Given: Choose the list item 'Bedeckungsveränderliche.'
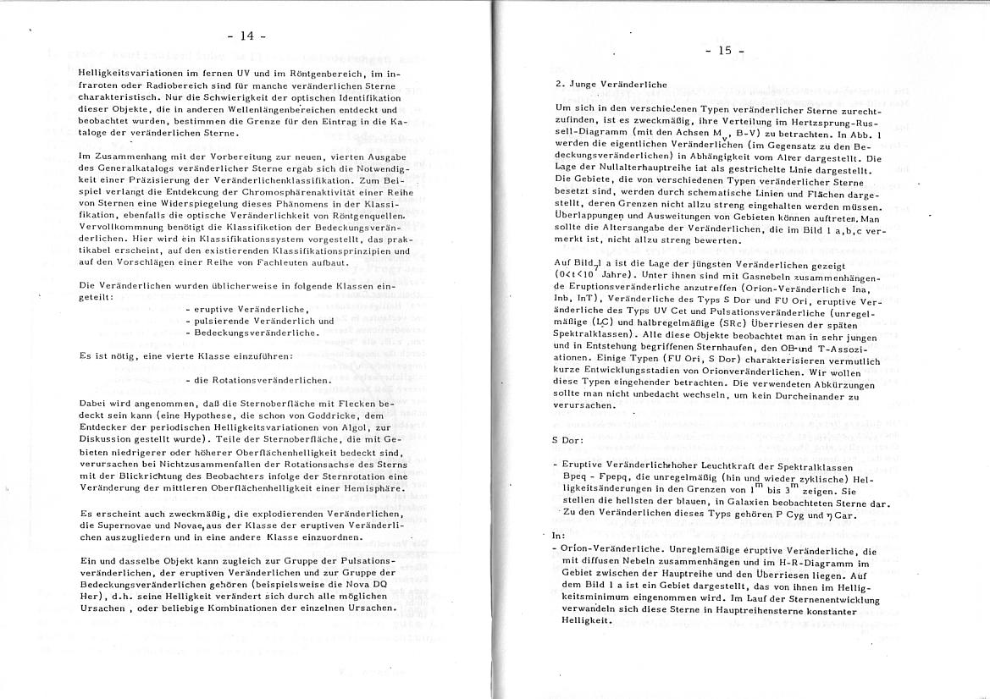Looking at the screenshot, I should pyautogui.click(x=246, y=333).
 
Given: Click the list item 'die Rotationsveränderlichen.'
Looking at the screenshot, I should pyautogui.click(x=257, y=380).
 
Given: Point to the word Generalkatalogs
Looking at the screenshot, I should pyautogui.click(x=123, y=169).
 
